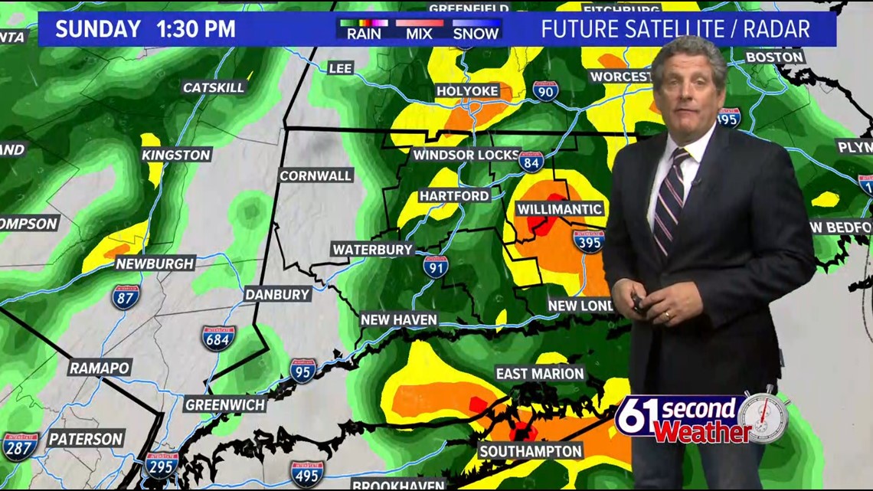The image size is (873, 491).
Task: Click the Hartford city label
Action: (x=454, y=195)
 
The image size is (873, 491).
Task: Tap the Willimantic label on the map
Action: (x=560, y=209)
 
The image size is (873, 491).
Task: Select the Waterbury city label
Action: (x=373, y=250)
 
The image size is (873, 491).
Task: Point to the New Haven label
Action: (x=398, y=319)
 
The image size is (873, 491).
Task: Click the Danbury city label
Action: (x=277, y=294)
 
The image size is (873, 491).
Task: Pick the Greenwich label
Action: (x=225, y=404)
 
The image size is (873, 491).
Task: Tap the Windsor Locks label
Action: (x=466, y=155)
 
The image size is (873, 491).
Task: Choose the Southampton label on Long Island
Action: (x=531, y=451)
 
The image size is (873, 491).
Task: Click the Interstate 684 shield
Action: (x=218, y=338)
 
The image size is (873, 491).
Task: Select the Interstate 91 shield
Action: (x=436, y=267)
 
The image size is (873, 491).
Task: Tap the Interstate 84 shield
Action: (x=531, y=162)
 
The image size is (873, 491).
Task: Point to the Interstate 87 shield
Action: (x=126, y=296)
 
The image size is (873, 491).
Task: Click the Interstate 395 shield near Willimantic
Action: (x=588, y=241)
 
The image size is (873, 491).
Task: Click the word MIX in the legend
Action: (x=419, y=33)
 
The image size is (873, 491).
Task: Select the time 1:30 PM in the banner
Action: (x=195, y=30)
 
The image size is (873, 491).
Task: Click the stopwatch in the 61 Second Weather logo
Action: (x=763, y=417)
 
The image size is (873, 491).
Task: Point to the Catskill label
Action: (x=214, y=87)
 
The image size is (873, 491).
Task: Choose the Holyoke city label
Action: (x=467, y=91)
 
